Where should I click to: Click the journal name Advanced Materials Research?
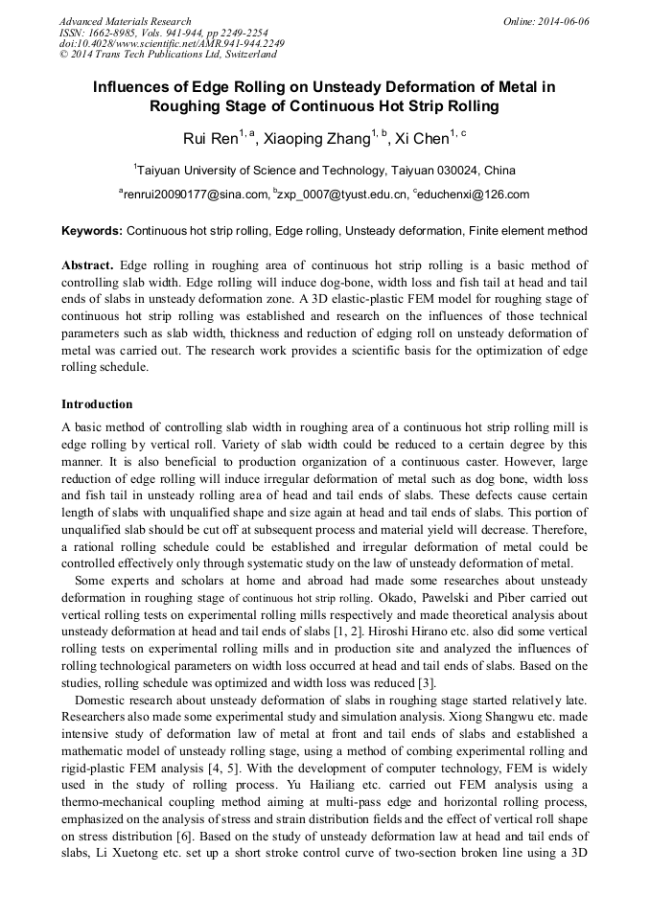[125, 21]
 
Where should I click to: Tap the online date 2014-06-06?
[565, 21]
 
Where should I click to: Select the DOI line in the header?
[172, 43]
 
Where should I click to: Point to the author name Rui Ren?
[210, 139]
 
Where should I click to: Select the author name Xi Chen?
[422, 139]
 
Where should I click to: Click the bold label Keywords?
[92, 231]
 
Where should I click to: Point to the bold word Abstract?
[86, 264]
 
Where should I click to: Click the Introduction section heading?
[97, 403]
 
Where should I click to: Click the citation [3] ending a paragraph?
[427, 682]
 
